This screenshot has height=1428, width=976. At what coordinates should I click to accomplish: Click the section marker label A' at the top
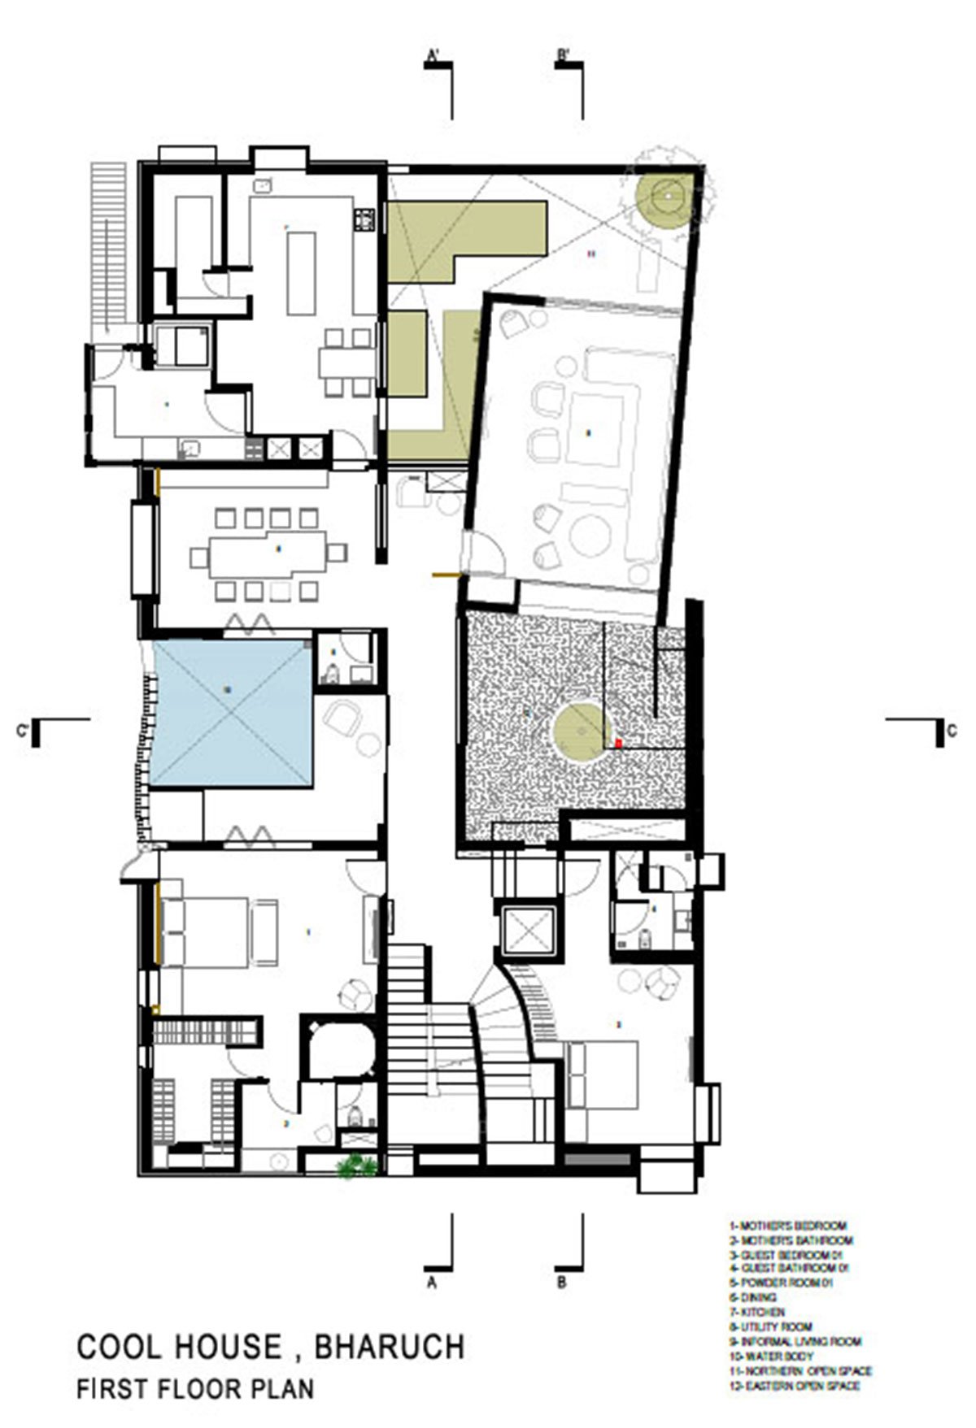point(433,56)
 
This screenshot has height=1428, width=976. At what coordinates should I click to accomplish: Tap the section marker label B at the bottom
point(562,1284)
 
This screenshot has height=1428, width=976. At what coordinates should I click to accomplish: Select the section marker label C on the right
point(951,731)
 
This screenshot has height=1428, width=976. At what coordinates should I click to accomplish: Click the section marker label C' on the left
point(24,731)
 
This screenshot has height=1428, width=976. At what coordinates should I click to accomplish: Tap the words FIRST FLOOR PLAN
point(195,1389)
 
